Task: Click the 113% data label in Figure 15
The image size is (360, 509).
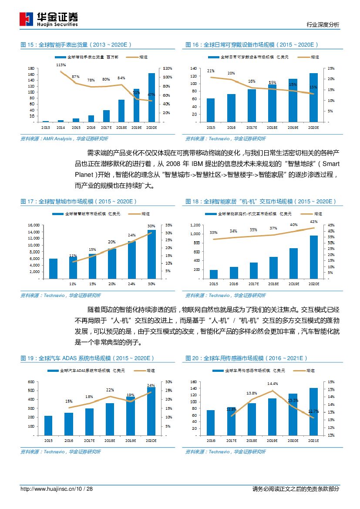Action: coord(61,65)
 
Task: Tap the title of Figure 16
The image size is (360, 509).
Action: coord(252,45)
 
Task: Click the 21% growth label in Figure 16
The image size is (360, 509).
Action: coord(211,71)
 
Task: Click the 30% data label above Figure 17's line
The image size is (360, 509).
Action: coord(151,226)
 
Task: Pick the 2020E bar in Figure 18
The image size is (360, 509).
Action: coord(314,256)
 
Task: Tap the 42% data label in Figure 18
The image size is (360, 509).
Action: coord(313,222)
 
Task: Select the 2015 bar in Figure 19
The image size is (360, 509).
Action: coord(48,425)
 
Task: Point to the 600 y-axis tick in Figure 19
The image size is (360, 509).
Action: coord(30,382)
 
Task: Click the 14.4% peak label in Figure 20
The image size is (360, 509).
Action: coord(273,384)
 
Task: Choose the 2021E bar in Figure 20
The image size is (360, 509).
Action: coord(314,411)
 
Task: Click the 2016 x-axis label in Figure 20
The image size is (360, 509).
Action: coord(211,441)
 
